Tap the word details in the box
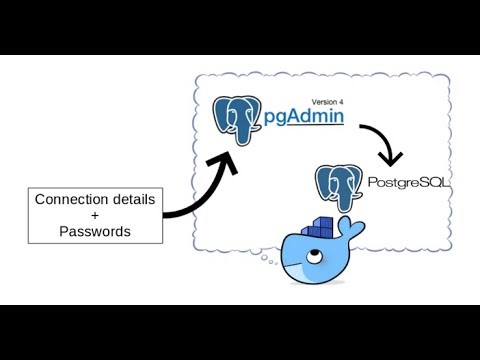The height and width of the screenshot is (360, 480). click(x=132, y=199)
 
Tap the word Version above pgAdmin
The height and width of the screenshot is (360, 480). click(x=323, y=100)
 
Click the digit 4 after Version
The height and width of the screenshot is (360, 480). click(x=343, y=100)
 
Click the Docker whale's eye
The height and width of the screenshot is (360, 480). click(x=313, y=256)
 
